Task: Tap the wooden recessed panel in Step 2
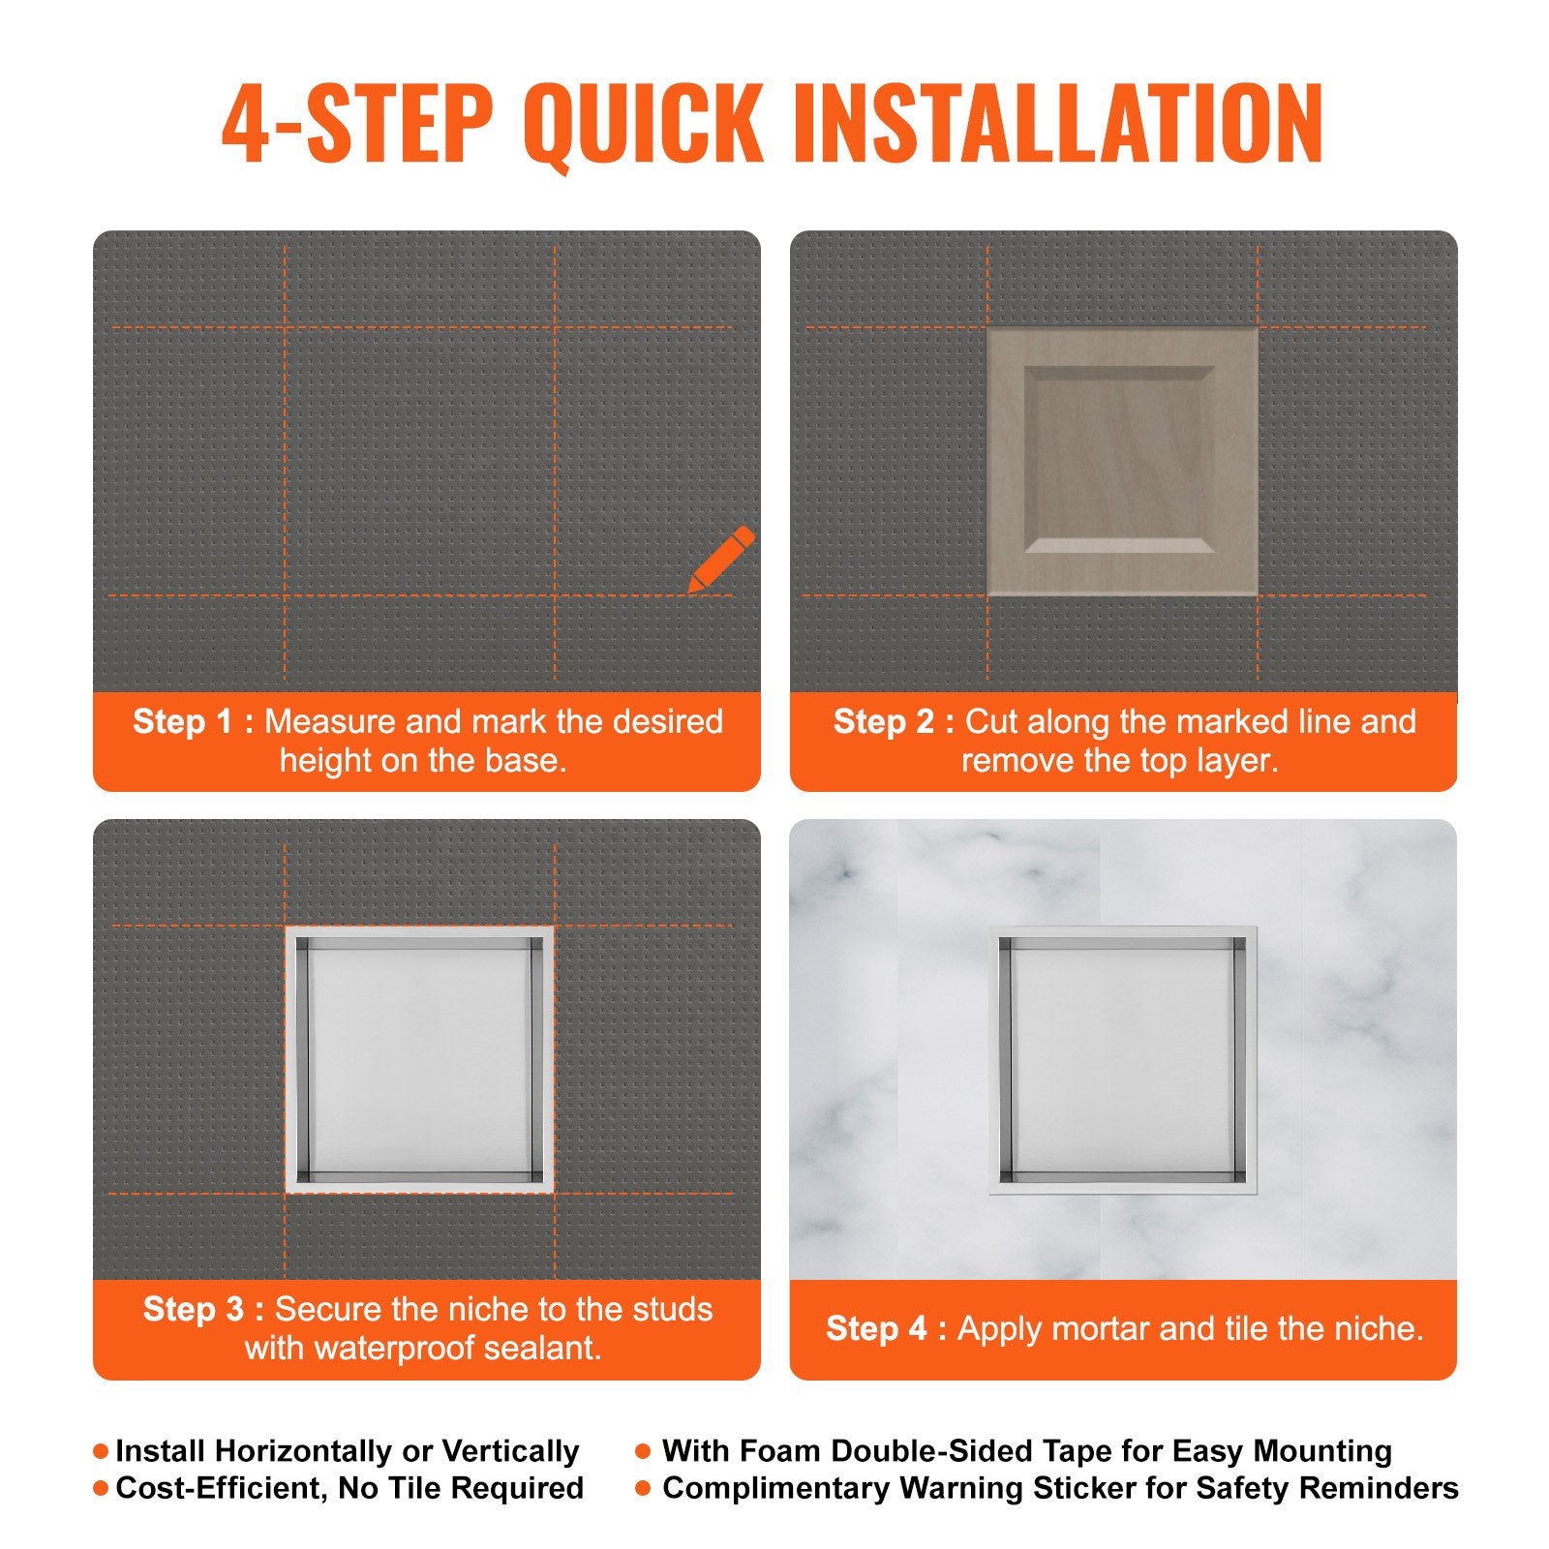point(1122,461)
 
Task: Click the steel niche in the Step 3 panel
point(419,1059)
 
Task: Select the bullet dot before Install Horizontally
point(101,1451)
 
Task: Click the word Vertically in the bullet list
point(510,1451)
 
